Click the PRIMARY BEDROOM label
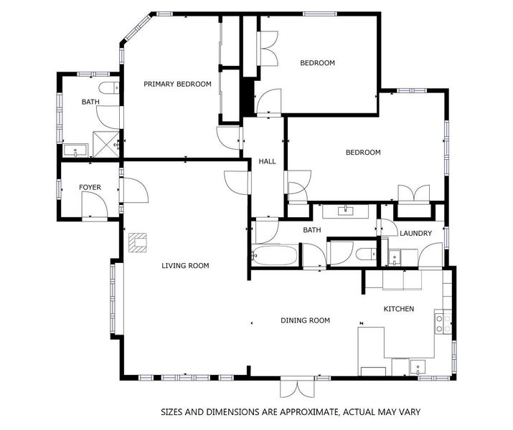click(177, 85)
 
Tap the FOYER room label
click(90, 188)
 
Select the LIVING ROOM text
click(184, 266)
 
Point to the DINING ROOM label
click(305, 320)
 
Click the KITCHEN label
click(399, 309)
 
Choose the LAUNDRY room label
click(415, 234)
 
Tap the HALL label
click(267, 162)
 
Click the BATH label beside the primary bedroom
click(90, 102)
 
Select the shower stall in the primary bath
click(105, 145)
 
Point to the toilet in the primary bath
click(110, 89)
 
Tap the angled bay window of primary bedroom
click(134, 27)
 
